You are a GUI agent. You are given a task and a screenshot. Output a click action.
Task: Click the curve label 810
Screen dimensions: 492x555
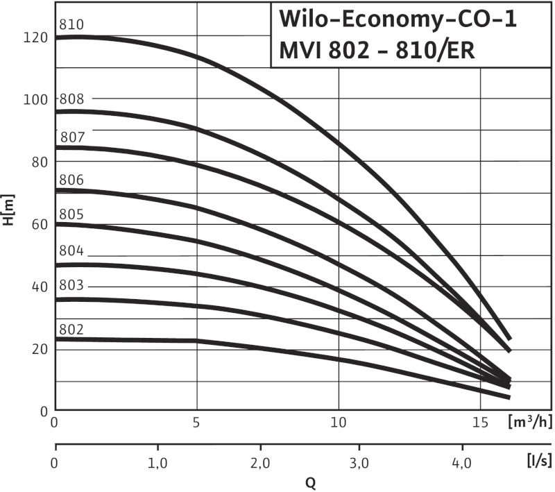pyautogui.click(x=72, y=25)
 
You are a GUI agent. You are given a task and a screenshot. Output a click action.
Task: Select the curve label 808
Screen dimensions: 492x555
pyautogui.click(x=72, y=99)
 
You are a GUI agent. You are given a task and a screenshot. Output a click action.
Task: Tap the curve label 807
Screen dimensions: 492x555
pyautogui.click(x=73, y=137)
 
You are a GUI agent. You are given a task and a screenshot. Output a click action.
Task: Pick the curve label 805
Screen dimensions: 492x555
pyautogui.click(x=72, y=213)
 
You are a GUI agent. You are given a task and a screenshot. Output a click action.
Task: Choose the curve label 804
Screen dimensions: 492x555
pyautogui.click(x=72, y=251)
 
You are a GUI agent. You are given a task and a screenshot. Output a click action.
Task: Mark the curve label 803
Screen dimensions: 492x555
pyautogui.click(x=72, y=285)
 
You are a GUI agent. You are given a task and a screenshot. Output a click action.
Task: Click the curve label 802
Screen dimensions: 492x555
pyautogui.click(x=72, y=328)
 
